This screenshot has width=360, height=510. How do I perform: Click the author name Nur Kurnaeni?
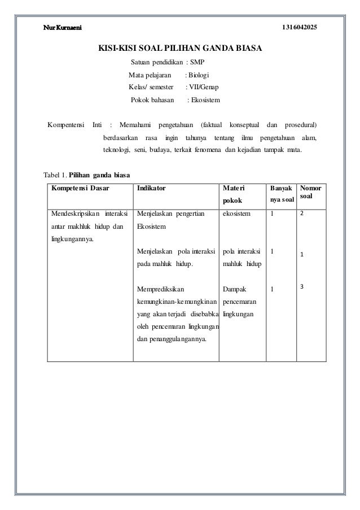coord(63,28)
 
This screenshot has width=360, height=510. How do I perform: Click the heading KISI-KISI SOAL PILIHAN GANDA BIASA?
coord(180,49)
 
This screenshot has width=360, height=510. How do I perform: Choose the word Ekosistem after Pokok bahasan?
coord(206,101)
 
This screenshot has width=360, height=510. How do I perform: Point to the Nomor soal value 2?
coord(302,214)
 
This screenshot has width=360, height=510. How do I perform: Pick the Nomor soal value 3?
coord(302,287)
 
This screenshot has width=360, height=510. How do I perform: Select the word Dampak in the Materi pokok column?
coord(235,289)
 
